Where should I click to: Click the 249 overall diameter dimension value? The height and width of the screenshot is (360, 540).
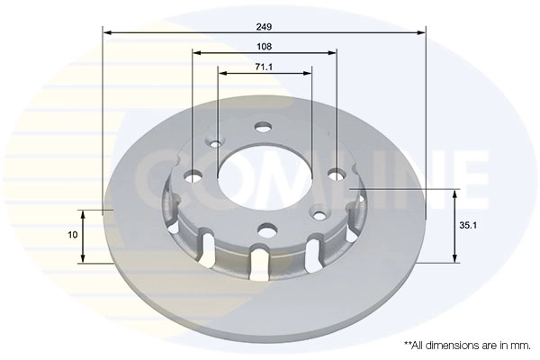click(265, 25)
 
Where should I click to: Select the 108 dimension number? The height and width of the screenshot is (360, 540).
click(265, 46)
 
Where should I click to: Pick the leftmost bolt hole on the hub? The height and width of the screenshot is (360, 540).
click(193, 175)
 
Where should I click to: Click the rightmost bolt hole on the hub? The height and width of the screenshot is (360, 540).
click(337, 174)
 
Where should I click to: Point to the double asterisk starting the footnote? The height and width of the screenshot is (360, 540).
click(408, 343)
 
